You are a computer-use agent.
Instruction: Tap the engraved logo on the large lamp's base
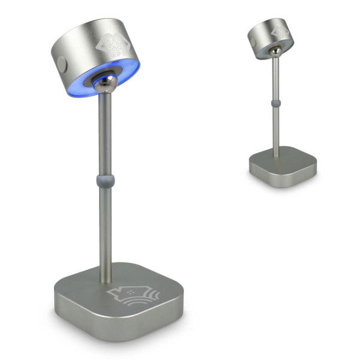pos(129,295)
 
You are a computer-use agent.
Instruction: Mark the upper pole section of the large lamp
pos(104,132)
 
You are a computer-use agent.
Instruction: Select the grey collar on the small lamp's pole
pos(275,104)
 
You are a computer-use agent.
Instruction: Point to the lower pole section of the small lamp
pos(275,129)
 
